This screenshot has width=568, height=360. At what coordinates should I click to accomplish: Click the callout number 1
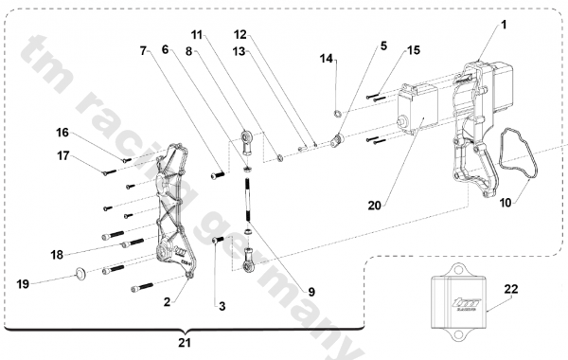(504, 25)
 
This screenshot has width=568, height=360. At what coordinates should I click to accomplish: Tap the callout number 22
(511, 289)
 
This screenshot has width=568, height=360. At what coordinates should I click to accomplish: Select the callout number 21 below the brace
(185, 343)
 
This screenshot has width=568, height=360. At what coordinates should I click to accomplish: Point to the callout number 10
(506, 203)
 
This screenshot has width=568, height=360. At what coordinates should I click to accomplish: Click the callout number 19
(23, 284)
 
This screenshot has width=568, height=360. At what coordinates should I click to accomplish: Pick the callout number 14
(326, 59)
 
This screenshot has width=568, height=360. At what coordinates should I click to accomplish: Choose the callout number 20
(375, 206)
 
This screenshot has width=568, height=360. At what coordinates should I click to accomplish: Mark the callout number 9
(311, 292)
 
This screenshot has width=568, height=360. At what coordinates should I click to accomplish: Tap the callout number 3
(222, 306)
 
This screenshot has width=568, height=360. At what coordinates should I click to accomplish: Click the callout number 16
(62, 133)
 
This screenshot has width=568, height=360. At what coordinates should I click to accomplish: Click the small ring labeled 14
(337, 114)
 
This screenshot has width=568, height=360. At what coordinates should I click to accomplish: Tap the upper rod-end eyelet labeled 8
(247, 143)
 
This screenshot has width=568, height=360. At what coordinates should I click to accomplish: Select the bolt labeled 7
(218, 175)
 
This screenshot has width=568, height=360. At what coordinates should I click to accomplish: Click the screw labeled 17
(110, 171)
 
